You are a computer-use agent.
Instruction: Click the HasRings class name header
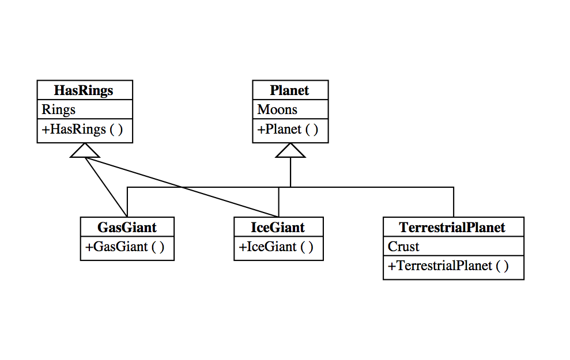84,90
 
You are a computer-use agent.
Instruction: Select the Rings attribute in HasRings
59,109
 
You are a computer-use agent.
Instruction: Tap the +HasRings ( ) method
82,129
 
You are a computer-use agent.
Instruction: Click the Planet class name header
290,90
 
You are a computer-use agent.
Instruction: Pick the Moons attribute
277,109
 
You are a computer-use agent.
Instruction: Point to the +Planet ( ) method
288,129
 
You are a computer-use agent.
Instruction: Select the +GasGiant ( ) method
125,247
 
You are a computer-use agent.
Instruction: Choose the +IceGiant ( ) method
276,247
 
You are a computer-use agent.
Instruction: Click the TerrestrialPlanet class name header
453,227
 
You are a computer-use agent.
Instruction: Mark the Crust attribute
403,247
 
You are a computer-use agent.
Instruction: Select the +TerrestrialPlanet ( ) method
448,266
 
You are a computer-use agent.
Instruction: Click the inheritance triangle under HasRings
85,150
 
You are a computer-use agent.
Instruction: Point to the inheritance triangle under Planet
290,150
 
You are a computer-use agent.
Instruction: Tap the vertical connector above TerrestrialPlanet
454,202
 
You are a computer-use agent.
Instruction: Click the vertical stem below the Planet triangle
290,172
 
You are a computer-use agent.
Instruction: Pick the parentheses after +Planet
312,129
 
